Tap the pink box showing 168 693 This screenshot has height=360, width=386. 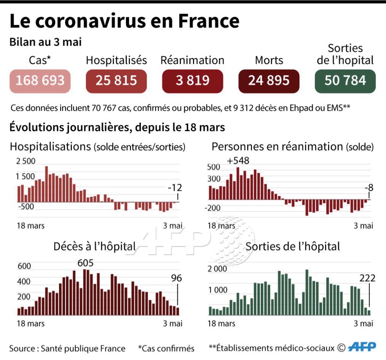[40, 81]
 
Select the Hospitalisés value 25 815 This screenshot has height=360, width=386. [116, 81]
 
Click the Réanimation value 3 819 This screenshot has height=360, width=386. [193, 81]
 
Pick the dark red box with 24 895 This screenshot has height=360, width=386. [269, 81]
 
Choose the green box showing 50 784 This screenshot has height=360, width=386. [345, 81]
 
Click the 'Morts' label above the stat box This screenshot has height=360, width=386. [269, 61]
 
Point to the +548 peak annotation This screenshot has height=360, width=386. [238, 160]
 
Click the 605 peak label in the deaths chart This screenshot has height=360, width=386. [85, 263]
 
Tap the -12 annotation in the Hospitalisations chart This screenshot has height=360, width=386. [175, 187]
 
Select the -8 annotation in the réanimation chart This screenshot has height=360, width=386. [368, 187]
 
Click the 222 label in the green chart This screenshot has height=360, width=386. [367, 278]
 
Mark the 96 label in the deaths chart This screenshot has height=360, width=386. [176, 278]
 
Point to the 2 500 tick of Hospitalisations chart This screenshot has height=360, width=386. [26, 161]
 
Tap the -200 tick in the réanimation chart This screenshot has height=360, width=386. [213, 208]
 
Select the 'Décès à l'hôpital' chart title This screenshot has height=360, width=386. [94, 247]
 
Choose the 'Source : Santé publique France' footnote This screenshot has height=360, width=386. [67, 348]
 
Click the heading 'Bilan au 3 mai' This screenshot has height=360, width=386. [45, 42]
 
